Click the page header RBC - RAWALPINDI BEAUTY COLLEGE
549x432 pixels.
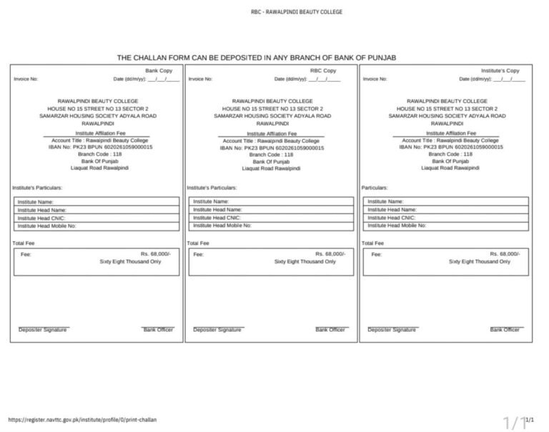tap(297, 12)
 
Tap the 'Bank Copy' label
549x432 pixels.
tap(159, 71)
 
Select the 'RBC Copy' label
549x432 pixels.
tap(323, 71)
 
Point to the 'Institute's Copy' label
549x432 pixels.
tap(500, 71)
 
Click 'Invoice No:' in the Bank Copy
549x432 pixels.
tap(26, 79)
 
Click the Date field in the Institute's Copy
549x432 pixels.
tap(493, 79)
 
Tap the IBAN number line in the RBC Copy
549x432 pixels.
tap(272, 147)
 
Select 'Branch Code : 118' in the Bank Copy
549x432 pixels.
tap(97, 154)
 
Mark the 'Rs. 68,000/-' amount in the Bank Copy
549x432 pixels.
tap(155, 254)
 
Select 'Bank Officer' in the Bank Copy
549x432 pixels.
tap(158, 330)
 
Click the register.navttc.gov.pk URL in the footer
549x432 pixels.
tap(81, 420)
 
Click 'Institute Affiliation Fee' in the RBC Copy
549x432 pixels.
tap(272, 134)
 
